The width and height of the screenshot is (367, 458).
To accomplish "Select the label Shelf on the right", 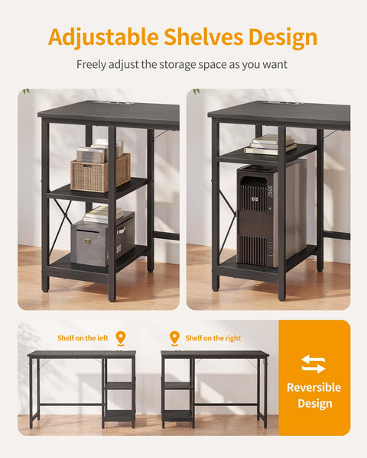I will point(213,337).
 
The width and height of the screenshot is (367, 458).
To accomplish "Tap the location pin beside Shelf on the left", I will point(120,337).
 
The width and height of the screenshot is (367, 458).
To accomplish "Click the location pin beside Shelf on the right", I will point(174,337).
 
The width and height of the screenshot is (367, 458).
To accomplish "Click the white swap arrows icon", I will point(313,363).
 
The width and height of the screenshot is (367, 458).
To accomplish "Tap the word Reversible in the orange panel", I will point(313,387).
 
